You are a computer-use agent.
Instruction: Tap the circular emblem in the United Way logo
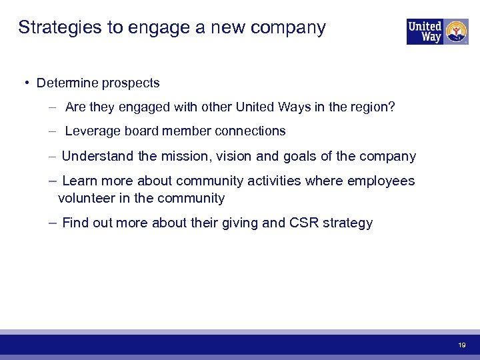[x=457, y=31]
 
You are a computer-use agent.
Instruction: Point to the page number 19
[x=461, y=345]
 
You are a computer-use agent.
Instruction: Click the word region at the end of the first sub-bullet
[x=373, y=107]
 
